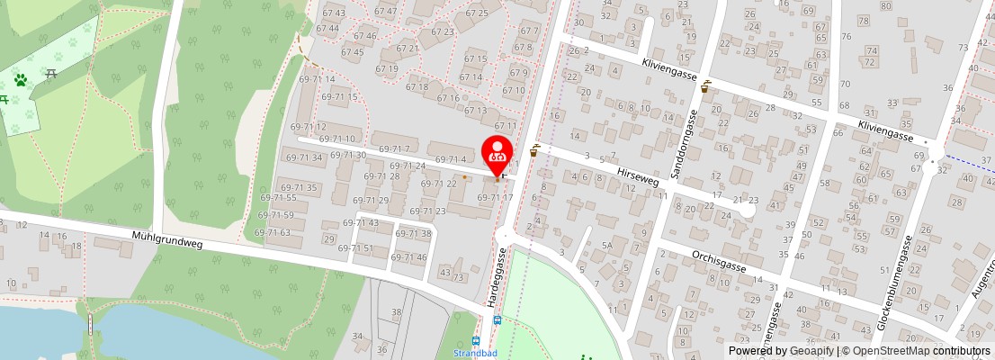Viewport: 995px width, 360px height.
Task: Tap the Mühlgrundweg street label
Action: click(x=167, y=238)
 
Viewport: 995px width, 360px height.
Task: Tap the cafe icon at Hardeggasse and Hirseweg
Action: click(x=535, y=151)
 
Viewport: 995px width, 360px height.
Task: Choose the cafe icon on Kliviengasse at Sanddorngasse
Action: click(x=706, y=86)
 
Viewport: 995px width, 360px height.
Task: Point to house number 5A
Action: click(x=607, y=246)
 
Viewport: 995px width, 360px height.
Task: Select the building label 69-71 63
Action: click(x=273, y=233)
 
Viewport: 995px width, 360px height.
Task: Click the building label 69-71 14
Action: click(x=316, y=80)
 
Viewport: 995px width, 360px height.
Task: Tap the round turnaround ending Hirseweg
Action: click(x=746, y=210)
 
